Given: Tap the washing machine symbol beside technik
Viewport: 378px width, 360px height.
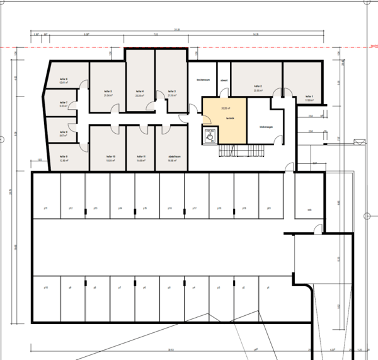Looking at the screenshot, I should click(208, 134).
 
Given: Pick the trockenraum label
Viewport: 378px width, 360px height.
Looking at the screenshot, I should click(203, 80).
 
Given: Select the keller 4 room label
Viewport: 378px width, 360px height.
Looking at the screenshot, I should click(140, 91).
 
